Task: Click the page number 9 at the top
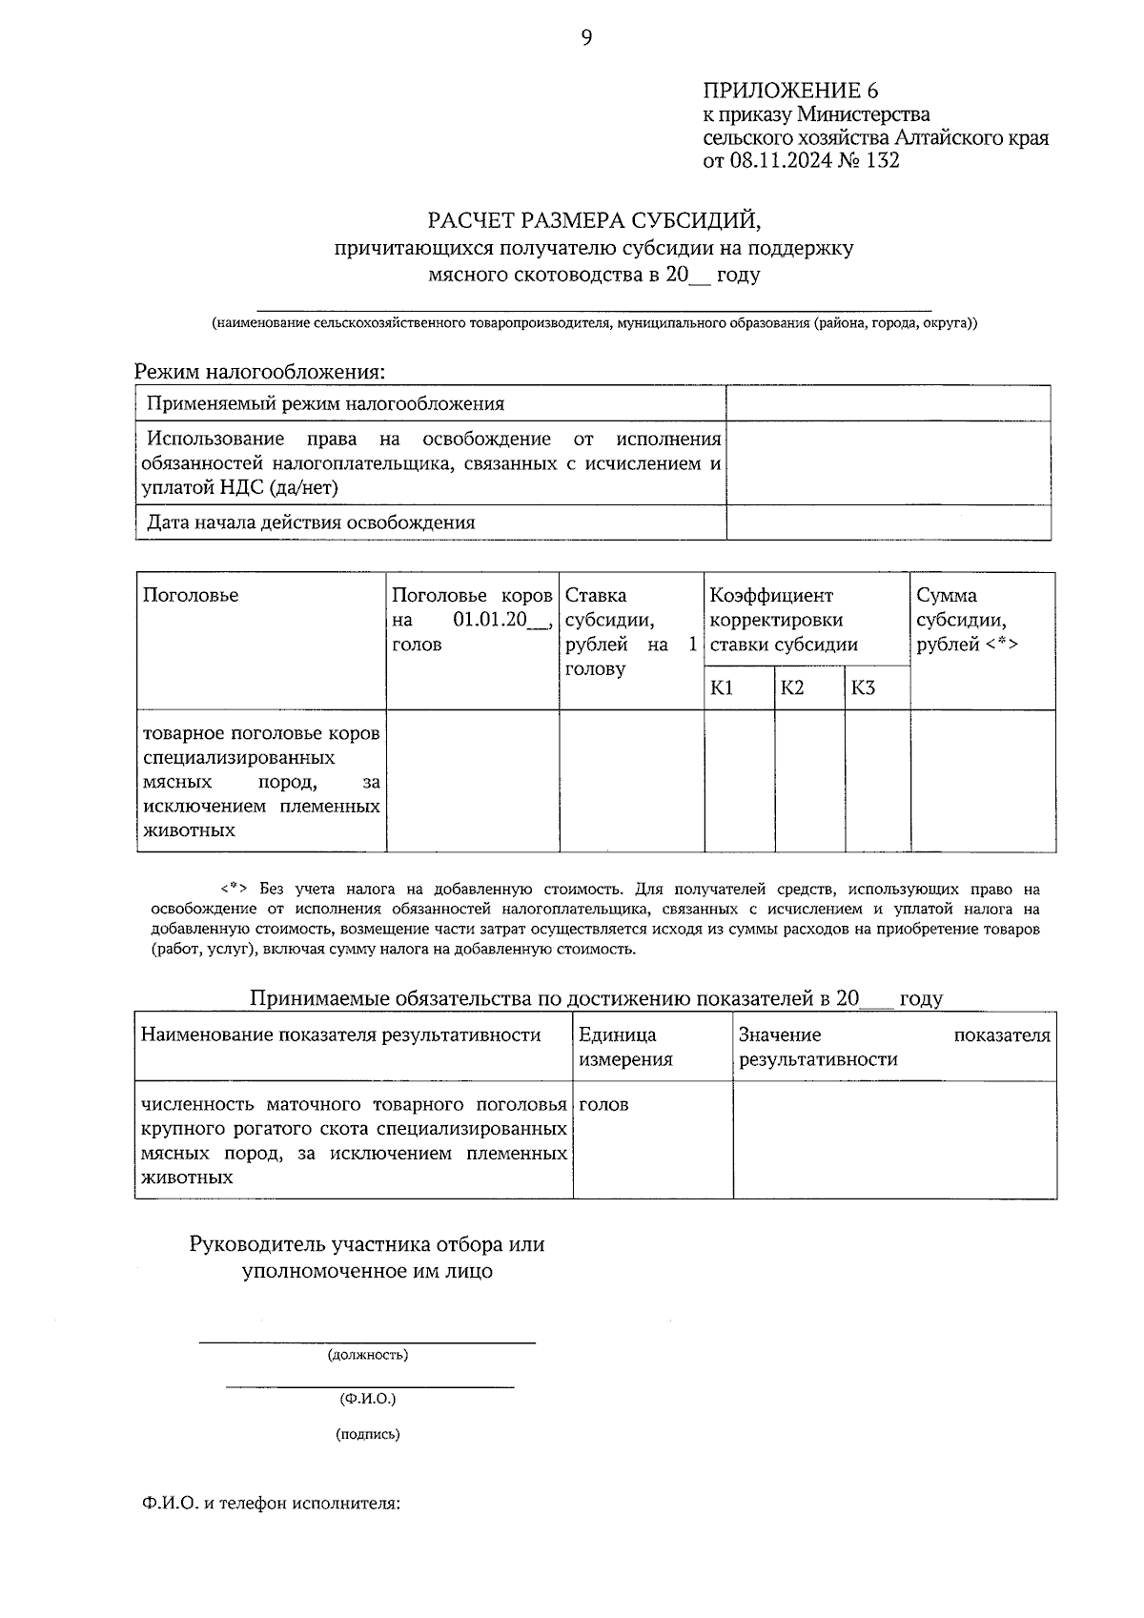click(586, 37)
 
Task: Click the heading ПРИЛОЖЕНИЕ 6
click(789, 92)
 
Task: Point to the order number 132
click(882, 161)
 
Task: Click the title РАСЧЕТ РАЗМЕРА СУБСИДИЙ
click(595, 221)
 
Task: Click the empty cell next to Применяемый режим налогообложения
click(888, 403)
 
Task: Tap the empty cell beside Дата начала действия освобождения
click(888, 522)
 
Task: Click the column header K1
click(722, 688)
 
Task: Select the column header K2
click(792, 688)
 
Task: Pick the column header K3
click(863, 688)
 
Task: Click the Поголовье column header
click(191, 596)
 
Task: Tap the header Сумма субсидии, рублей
click(966, 620)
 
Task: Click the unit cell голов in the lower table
click(603, 1105)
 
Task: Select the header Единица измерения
click(625, 1047)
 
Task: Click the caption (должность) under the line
click(367, 1355)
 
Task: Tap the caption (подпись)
click(367, 1434)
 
